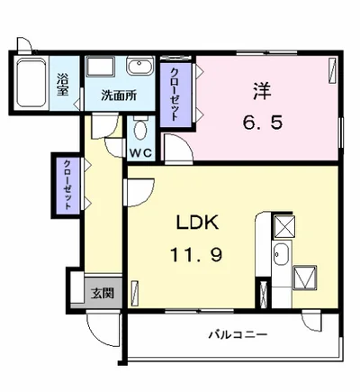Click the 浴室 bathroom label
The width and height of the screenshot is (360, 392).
coord(63,85)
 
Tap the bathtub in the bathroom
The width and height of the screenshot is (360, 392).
coord(31,82)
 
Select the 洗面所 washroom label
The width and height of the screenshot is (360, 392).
coord(119,96)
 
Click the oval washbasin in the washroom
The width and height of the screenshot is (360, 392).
coord(139,66)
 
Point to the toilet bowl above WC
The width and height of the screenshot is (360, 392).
coord(140,128)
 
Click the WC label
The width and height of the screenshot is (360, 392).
coord(140,153)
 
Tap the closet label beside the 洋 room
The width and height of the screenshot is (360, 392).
coord(175,95)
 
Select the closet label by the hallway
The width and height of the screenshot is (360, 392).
coord(68,185)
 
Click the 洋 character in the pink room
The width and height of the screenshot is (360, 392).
coord(262,91)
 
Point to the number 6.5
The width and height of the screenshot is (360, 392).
coord(263,123)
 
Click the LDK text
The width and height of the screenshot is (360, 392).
coord(197,223)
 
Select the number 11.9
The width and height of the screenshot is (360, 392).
coord(196,255)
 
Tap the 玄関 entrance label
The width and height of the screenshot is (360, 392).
coord(103,293)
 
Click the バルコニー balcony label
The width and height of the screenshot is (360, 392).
coord(238,334)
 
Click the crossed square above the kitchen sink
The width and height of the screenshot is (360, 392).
coord(284,226)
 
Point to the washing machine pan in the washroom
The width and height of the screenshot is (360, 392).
coord(101,67)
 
